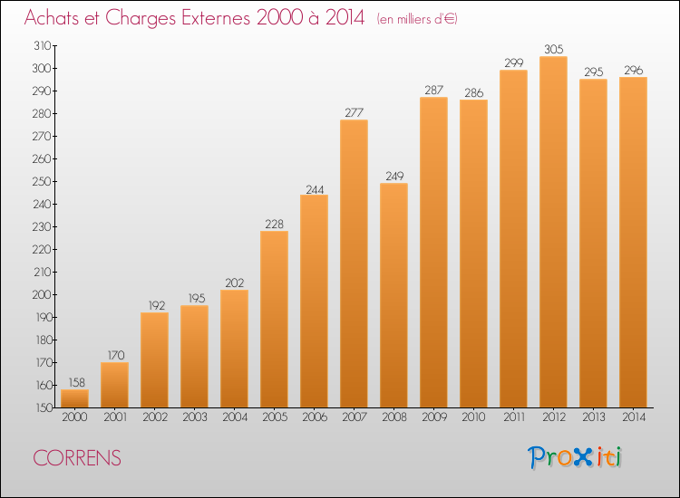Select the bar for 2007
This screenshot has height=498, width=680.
(354, 263)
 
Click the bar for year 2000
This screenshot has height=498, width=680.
(74, 398)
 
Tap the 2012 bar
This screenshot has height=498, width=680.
(553, 232)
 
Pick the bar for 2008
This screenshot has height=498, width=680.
(393, 295)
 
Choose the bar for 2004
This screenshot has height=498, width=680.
(234, 349)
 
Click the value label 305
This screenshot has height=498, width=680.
(553, 50)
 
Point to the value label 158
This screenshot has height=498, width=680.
(77, 382)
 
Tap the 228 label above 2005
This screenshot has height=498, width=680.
(274, 224)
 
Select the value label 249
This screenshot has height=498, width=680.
(394, 176)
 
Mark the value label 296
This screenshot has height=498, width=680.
(633, 70)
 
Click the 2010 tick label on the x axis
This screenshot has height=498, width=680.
(473, 417)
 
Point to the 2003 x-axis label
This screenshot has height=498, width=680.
(195, 417)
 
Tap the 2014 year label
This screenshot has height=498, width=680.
(634, 417)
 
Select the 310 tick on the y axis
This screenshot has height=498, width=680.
(43, 45)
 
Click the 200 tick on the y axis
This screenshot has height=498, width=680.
(42, 294)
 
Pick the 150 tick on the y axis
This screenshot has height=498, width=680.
(44, 408)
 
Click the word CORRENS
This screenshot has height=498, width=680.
(77, 458)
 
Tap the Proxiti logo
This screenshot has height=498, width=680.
(575, 457)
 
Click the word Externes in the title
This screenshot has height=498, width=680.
(216, 18)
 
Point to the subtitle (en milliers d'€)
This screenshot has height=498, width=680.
(417, 19)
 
